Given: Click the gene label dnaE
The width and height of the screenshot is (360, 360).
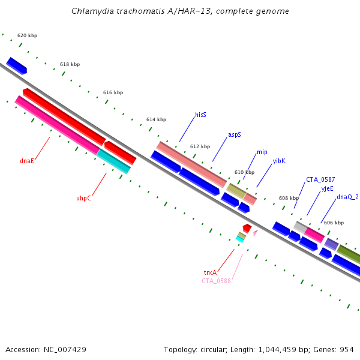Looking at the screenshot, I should pos(27,161).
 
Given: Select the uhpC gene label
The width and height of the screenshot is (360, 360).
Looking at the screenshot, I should pos(83,198).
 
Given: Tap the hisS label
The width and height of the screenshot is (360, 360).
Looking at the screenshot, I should pos(200,115).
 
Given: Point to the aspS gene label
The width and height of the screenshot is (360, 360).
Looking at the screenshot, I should pos(234,135).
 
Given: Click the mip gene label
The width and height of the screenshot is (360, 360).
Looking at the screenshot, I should pos(262,152).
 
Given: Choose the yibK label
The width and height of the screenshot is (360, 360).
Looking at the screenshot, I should pos(279,161).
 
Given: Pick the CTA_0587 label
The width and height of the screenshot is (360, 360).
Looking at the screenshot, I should pos(320,179).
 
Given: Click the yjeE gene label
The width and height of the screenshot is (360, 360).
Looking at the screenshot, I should pos(327,188).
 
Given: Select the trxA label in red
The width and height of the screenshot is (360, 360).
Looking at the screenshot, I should pos(210,272).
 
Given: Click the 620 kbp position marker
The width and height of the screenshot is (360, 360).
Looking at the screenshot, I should pos(27,36).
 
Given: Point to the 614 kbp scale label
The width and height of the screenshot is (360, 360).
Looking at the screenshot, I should pos(156,120).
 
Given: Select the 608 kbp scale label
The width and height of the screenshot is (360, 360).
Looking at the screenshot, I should pos(289,199).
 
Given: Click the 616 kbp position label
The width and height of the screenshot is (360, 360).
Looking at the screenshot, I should pos(113,93).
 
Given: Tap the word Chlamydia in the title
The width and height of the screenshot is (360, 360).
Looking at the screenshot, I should pos(91,11).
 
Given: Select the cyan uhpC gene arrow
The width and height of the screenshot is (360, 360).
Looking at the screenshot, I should pos(113,161).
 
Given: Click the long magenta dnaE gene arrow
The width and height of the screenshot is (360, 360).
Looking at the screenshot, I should pos(57,124).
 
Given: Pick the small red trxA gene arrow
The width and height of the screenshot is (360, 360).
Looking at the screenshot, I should pos(247,229).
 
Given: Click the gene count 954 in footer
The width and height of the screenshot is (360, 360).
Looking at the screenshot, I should pos(347,349).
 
